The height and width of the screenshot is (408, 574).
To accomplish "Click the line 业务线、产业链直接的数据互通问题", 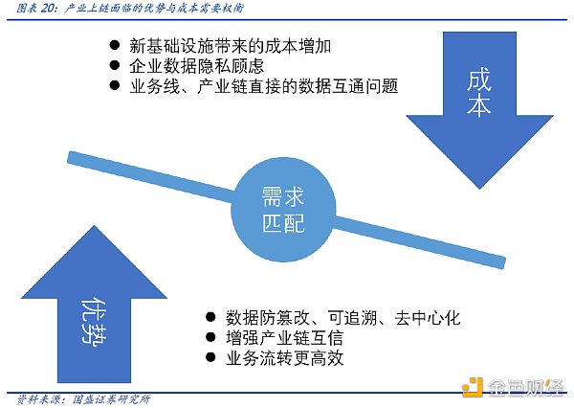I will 263,86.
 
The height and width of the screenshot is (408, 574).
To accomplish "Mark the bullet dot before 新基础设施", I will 114,45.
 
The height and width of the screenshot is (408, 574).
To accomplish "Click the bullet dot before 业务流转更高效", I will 210,359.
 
